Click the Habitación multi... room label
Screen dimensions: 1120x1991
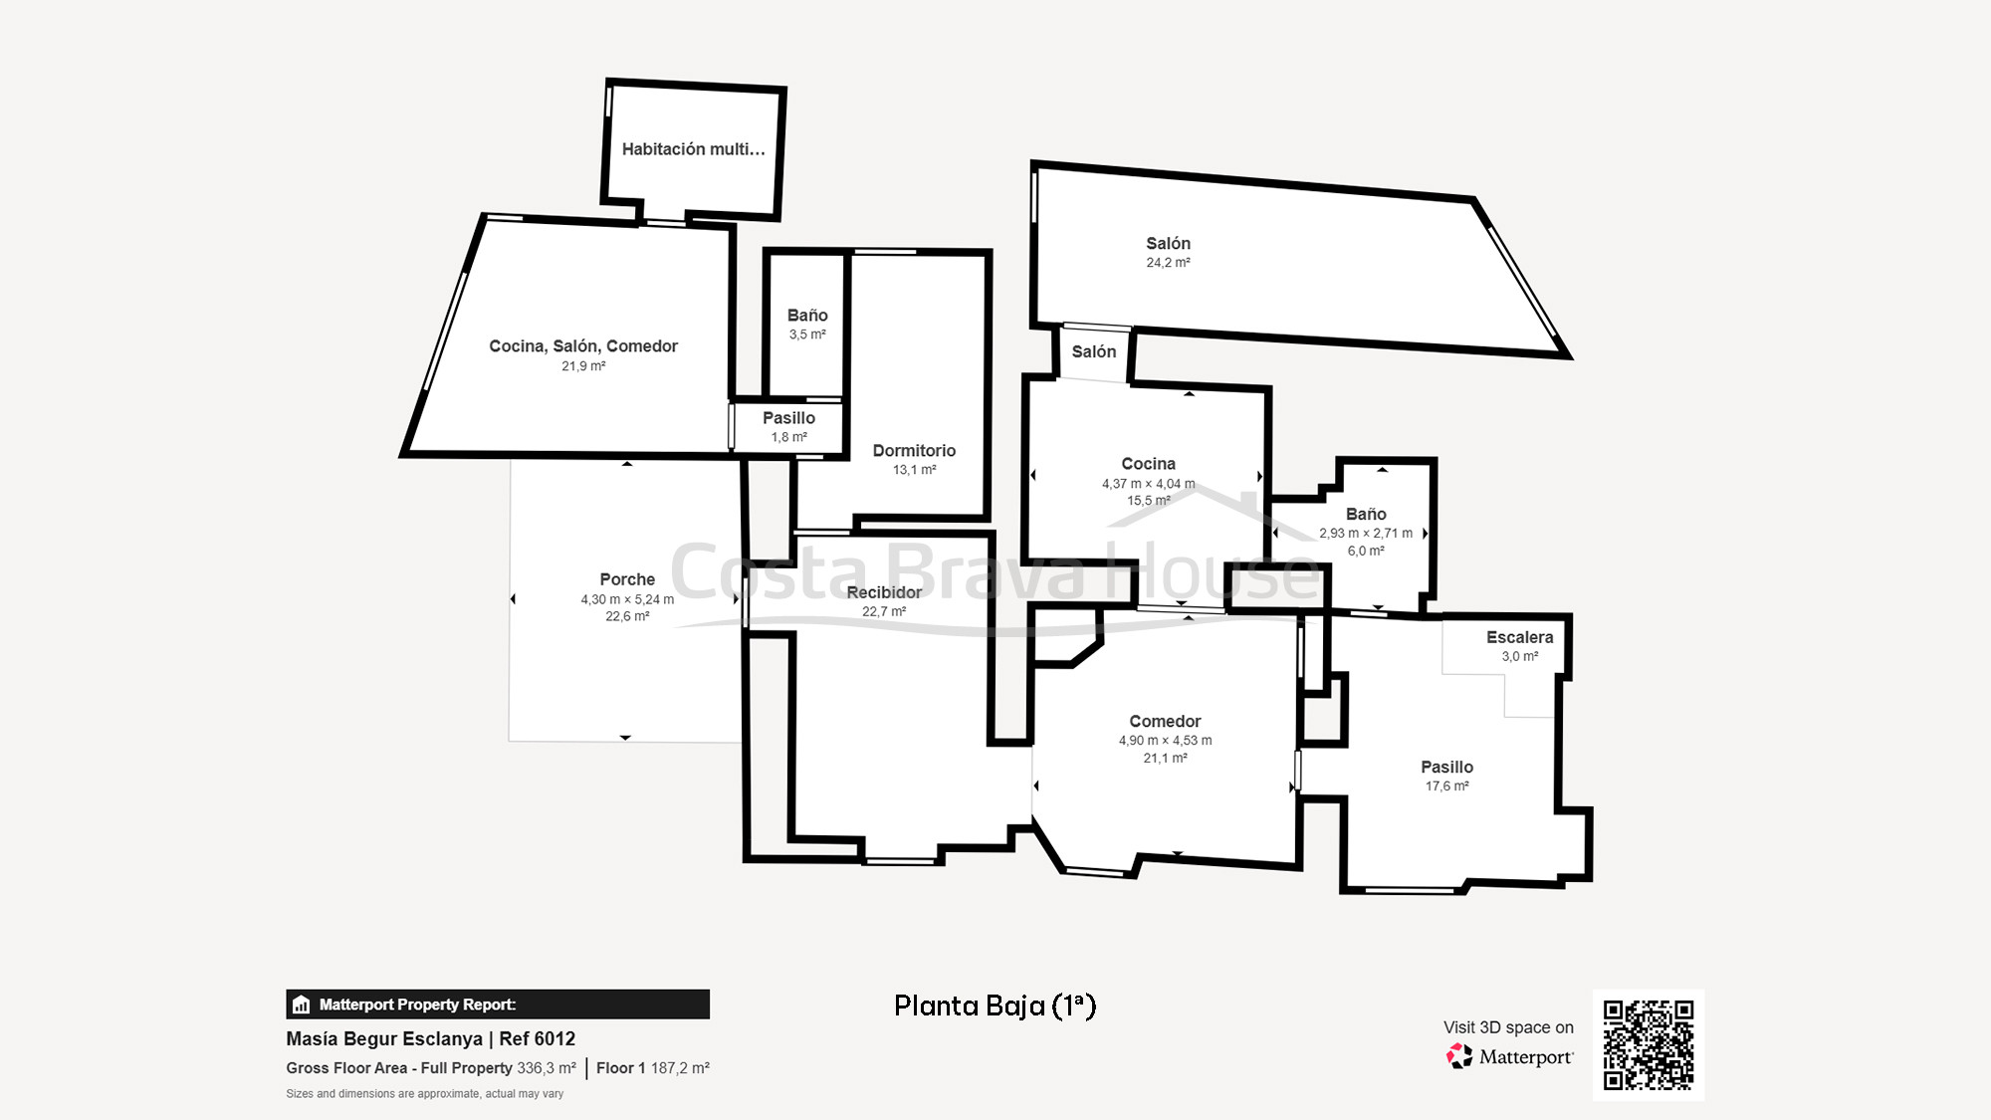(693, 149)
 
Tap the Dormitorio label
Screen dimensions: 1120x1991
(914, 451)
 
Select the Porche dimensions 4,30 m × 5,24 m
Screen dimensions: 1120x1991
(627, 599)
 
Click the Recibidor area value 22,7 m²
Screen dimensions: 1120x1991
(884, 611)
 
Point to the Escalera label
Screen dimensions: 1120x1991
(1519, 637)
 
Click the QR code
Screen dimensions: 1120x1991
(1648, 1044)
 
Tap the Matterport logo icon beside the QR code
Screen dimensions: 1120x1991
(1459, 1056)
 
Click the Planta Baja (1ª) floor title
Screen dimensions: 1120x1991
(995, 1006)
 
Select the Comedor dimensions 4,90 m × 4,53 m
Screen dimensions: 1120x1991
(1165, 741)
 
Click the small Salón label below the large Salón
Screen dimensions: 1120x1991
(1093, 351)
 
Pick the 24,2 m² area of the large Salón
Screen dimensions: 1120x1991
(1168, 263)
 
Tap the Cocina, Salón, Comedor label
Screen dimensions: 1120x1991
(583, 346)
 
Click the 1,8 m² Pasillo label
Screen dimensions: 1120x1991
(788, 437)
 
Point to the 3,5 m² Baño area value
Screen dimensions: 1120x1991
(807, 335)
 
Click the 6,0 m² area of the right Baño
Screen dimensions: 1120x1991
(1366, 551)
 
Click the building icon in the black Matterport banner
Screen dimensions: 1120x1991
(302, 1005)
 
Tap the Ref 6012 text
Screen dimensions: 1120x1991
(537, 1038)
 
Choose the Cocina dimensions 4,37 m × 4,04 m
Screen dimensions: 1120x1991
(1148, 484)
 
